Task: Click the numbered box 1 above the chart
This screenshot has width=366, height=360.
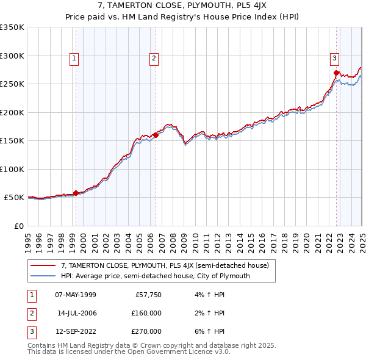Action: click(x=74, y=59)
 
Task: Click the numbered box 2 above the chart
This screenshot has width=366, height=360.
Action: click(x=153, y=59)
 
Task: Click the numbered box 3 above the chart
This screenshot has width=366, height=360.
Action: click(x=335, y=59)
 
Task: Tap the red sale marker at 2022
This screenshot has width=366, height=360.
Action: click(x=336, y=73)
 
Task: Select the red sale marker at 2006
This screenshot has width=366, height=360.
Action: click(x=156, y=135)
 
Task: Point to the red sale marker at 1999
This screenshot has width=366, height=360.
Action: click(x=76, y=193)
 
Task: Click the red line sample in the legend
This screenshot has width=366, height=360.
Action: click(x=43, y=265)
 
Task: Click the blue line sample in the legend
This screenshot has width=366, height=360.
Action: click(x=43, y=276)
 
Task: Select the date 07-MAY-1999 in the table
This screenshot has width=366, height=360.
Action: click(x=76, y=295)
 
